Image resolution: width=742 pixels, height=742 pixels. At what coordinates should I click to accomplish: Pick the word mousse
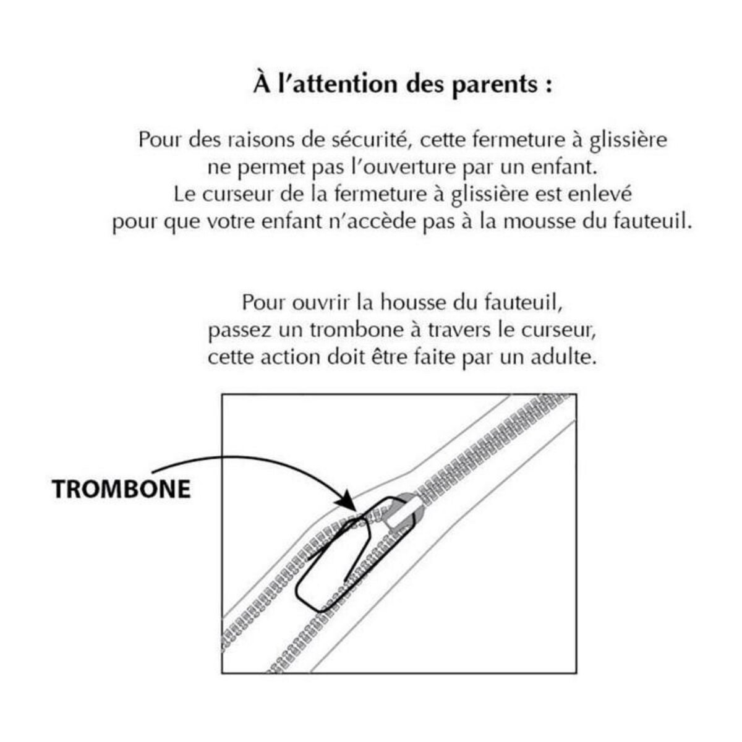click(x=537, y=222)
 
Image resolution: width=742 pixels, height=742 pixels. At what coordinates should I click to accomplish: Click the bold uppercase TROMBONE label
click(x=121, y=490)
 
